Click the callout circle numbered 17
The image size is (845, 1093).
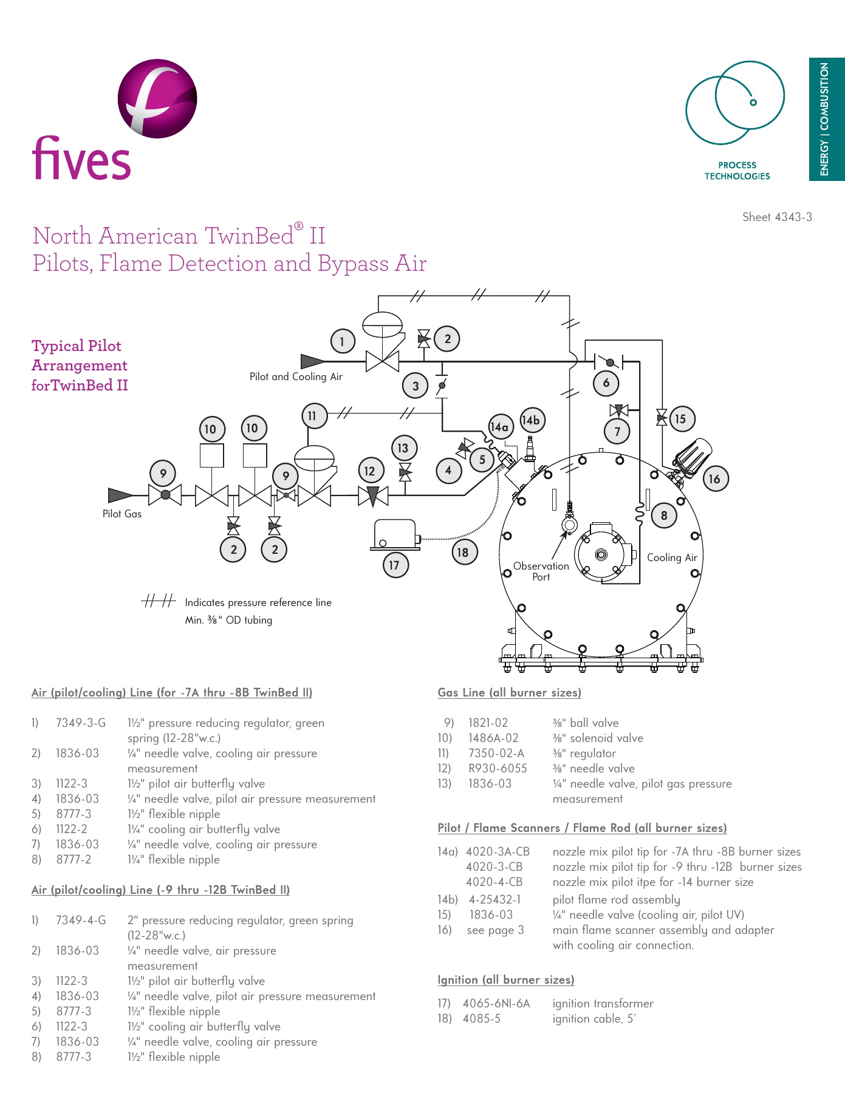click(x=395, y=565)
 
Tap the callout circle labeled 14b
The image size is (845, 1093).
click(x=531, y=420)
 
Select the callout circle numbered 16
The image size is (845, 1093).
click(x=714, y=478)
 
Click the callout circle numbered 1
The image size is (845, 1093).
click(x=343, y=341)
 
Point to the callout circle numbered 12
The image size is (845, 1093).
click(x=370, y=471)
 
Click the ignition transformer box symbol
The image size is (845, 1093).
click(x=395, y=534)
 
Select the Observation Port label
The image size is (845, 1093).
click(x=541, y=571)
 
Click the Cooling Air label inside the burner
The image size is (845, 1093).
click(x=672, y=557)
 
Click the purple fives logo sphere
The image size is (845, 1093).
click(x=157, y=98)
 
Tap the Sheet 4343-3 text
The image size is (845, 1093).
click(x=777, y=217)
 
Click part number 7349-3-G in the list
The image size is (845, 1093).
click(x=81, y=723)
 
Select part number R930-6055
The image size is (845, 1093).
click(x=498, y=769)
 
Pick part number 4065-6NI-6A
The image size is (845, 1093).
click(x=496, y=1004)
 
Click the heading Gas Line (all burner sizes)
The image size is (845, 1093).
click(x=509, y=693)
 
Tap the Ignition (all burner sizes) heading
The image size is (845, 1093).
click(x=505, y=980)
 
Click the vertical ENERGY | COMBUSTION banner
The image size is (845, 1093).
click(x=826, y=119)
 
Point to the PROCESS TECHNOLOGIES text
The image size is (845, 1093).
click(x=737, y=171)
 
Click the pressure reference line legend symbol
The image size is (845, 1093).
click(x=159, y=602)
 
